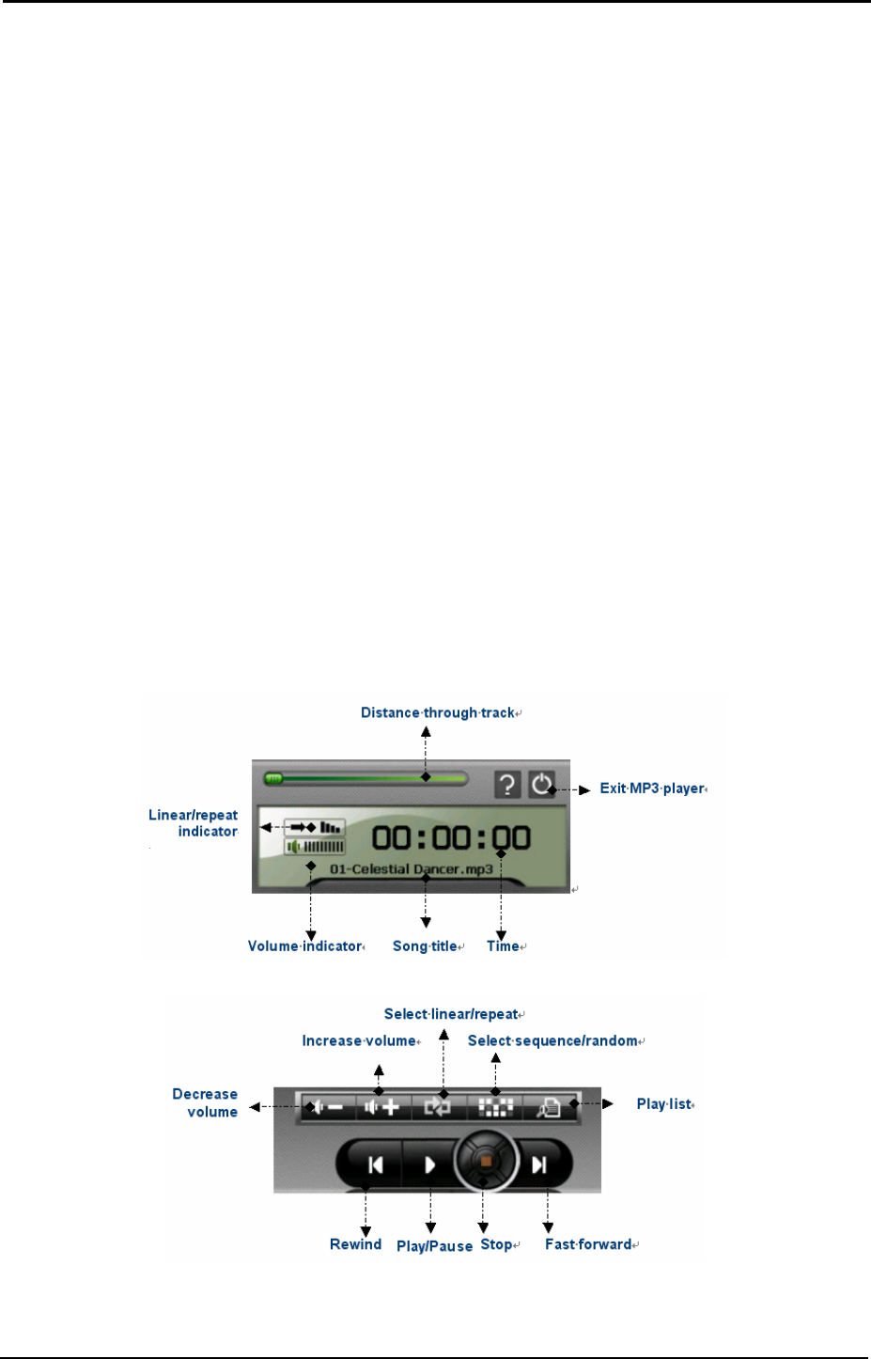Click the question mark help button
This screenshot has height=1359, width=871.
click(507, 785)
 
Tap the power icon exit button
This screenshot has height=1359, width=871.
click(541, 784)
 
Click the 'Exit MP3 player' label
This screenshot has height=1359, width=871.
click(652, 789)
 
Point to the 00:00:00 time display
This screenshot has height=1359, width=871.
click(451, 837)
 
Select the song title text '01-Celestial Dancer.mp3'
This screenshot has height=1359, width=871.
click(412, 869)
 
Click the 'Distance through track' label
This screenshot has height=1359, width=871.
click(438, 713)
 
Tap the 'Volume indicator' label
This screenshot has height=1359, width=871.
click(304, 946)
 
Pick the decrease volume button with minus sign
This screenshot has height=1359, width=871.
click(327, 1107)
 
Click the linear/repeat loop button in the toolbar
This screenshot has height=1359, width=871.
click(438, 1107)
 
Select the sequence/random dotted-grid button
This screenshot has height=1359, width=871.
click(495, 1107)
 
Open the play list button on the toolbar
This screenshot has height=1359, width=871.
click(549, 1107)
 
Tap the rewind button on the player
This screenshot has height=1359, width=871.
click(375, 1165)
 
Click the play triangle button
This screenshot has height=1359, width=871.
click(429, 1165)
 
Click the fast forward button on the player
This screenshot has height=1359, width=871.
click(539, 1165)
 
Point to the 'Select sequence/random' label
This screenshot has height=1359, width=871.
click(552, 1041)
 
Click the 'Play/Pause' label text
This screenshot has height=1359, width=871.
click(434, 1246)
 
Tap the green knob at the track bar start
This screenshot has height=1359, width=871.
click(273, 778)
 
